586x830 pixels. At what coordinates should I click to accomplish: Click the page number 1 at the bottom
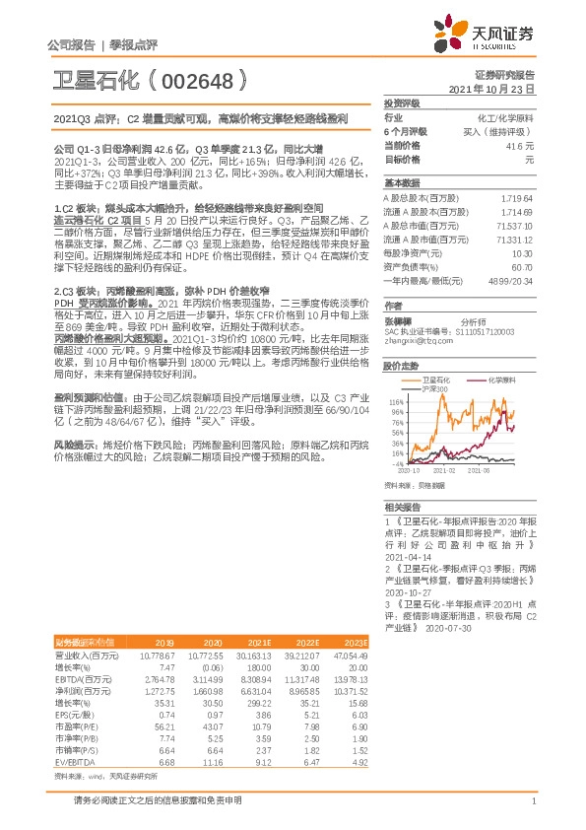pos(533,810)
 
